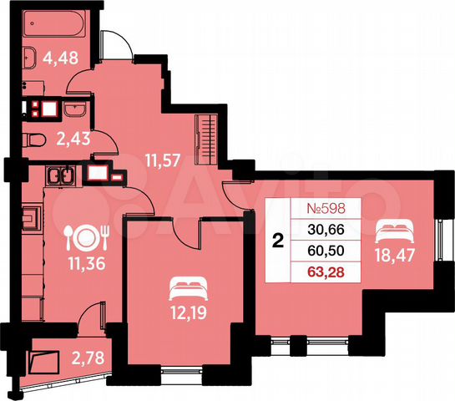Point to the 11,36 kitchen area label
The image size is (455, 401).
[x=83, y=270]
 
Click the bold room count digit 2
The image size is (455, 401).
[x=278, y=241]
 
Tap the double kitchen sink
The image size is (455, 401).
[x=61, y=176]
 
